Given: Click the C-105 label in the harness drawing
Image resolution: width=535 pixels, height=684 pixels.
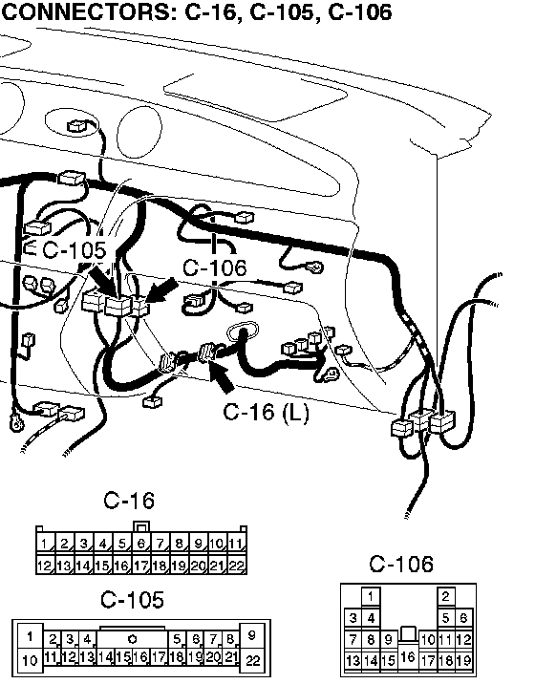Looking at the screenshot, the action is click(x=75, y=250).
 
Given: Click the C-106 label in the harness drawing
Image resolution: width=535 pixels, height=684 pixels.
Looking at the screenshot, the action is click(x=214, y=267).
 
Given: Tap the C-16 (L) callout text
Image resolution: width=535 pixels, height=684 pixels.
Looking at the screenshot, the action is click(x=266, y=412).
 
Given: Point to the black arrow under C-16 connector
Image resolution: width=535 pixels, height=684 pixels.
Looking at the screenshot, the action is click(x=222, y=375).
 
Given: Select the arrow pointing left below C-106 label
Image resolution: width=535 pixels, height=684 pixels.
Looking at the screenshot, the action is click(x=162, y=290).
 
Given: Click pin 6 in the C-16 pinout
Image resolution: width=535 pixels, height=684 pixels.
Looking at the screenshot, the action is click(x=141, y=544).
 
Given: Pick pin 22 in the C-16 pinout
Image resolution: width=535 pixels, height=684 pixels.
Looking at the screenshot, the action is click(x=236, y=566).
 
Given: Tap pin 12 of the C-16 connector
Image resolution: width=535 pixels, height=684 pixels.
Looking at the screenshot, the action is click(x=45, y=566).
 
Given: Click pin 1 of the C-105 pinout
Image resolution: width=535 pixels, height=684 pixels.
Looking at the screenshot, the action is click(x=30, y=636).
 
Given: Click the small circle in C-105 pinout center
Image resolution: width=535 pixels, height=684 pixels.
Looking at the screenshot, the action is click(x=132, y=639).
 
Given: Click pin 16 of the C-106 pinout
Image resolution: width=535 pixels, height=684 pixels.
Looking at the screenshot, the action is click(x=408, y=656).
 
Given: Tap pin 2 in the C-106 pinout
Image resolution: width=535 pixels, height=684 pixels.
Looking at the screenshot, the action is click(x=445, y=596).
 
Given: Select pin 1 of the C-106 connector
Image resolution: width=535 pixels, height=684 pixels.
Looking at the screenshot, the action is click(x=371, y=596).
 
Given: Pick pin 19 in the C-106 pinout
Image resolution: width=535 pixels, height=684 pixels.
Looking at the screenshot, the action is click(x=463, y=660).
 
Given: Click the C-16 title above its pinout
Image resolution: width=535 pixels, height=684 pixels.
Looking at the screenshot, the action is click(x=129, y=501).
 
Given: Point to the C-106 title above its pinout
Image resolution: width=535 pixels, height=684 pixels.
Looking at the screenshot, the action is click(x=401, y=564).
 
